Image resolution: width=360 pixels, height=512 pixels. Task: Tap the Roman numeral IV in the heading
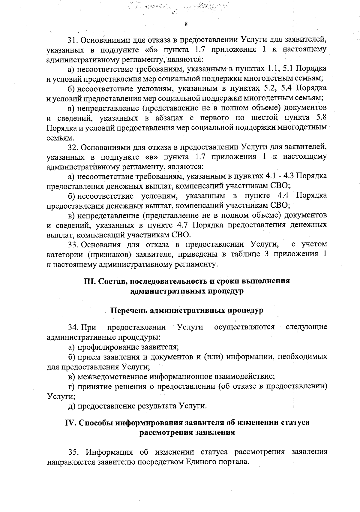70,423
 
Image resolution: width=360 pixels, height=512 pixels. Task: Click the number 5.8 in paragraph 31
320,118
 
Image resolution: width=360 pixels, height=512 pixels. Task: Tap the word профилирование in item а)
107,348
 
